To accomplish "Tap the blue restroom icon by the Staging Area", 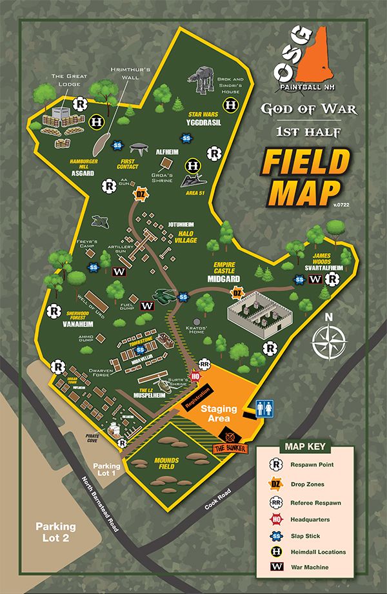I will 263,408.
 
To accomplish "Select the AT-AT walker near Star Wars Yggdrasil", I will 200,82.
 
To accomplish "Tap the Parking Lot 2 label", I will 55,532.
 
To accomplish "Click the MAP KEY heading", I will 304,445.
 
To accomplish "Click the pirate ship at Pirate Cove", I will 114,428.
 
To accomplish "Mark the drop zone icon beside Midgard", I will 237,294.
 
